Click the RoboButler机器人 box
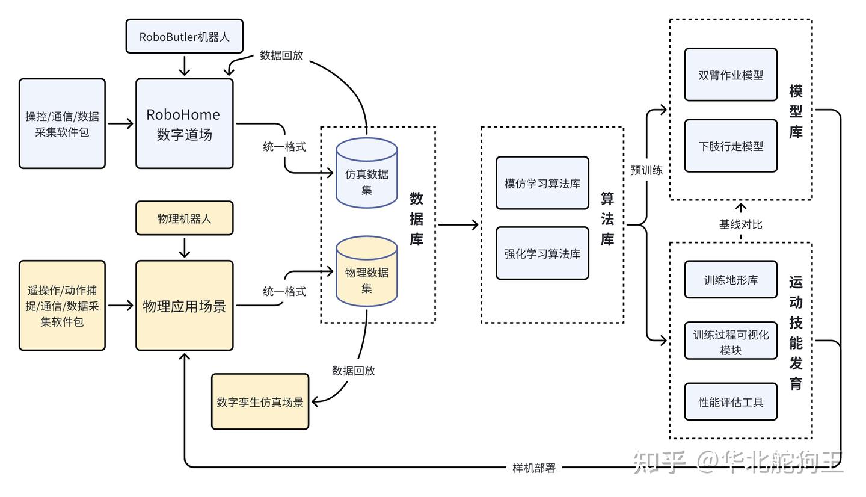point(185,36)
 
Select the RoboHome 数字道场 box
point(185,123)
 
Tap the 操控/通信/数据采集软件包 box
point(62,123)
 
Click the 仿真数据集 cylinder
point(366,174)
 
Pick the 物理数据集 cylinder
point(366,274)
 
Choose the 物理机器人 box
point(185,218)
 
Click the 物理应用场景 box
point(185,306)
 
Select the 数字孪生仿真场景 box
point(260,402)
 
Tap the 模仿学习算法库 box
point(542,183)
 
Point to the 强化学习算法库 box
point(542,253)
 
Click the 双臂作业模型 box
point(731,75)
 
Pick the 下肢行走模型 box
point(731,146)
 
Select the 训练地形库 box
point(731,280)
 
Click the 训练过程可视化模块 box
point(731,341)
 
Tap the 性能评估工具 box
point(731,401)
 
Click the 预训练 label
point(646,170)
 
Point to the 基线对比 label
point(740,224)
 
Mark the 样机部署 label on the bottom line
point(534,468)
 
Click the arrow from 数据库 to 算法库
point(458,225)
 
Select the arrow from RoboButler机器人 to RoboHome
point(185,65)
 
